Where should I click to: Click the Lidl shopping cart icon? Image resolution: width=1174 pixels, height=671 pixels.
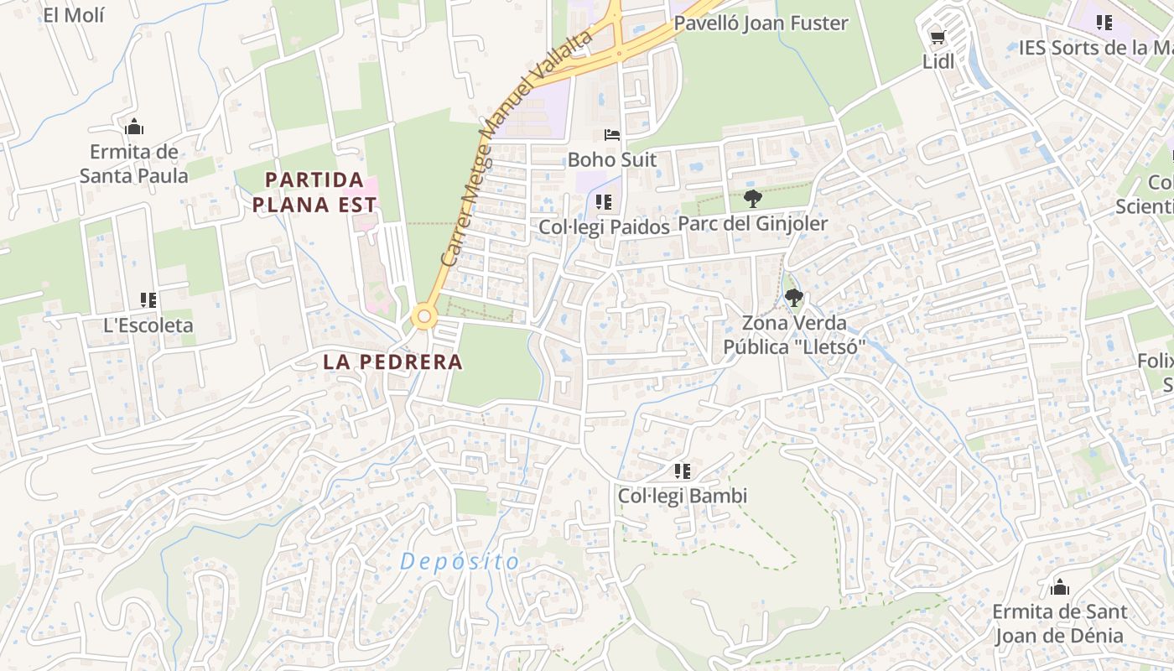point(938,37)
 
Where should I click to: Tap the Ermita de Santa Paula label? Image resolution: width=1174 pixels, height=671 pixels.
point(134,164)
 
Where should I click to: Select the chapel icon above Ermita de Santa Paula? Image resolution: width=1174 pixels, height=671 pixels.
point(134,127)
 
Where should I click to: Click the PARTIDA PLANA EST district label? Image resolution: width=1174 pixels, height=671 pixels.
point(315,191)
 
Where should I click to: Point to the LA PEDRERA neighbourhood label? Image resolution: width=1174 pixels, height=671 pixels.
point(392,362)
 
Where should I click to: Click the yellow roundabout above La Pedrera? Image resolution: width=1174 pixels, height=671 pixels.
point(424,316)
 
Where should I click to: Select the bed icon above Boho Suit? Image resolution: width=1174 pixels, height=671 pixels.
point(612,134)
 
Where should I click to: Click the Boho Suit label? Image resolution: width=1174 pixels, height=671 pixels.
point(612,159)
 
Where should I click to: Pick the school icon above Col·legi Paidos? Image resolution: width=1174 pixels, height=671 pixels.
point(604,201)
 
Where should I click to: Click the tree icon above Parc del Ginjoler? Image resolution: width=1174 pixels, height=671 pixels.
point(752,199)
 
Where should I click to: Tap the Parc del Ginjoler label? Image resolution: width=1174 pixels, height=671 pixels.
point(752,224)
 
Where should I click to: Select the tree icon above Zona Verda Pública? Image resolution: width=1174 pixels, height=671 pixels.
point(793,297)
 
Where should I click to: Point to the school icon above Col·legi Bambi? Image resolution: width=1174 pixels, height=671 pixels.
point(683,471)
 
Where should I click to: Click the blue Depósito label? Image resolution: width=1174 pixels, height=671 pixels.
point(460,561)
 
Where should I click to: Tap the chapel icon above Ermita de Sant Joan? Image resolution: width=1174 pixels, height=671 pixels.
point(1060,586)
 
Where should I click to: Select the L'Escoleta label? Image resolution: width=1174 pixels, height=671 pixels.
point(148,325)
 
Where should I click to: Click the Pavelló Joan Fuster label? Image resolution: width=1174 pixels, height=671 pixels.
point(761,23)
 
